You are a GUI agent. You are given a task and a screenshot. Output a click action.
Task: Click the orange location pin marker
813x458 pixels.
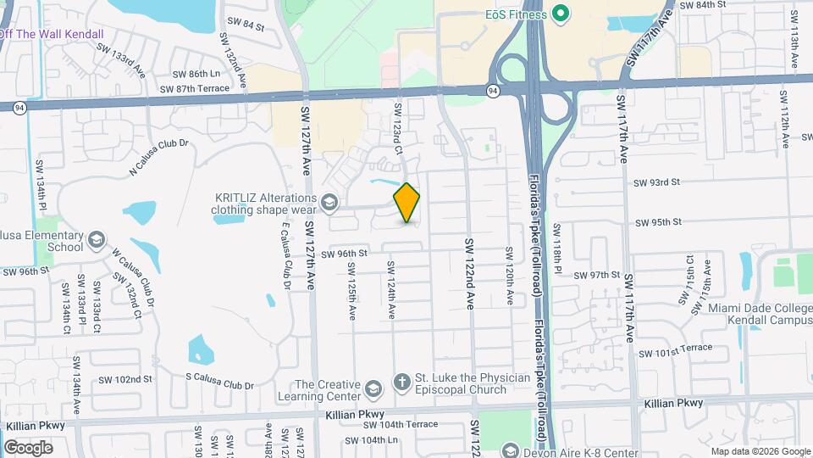coord(407,203)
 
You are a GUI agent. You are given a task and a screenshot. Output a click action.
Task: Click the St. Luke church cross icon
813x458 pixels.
coord(402,381)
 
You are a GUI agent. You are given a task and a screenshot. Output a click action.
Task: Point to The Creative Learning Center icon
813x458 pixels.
coord(371,389)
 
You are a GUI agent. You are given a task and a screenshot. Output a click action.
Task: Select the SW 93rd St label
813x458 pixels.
coord(658,182)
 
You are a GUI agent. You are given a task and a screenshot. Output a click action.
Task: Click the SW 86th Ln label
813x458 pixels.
coord(196,74)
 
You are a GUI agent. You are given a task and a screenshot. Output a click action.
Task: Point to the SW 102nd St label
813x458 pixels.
coord(124,379)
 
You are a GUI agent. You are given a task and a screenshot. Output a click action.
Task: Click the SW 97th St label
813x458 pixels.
coord(597,275)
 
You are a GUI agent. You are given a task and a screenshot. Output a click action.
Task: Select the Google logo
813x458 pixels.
coord(28,447)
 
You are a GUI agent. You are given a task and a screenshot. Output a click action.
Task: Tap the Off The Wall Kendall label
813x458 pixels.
coord(51,34)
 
